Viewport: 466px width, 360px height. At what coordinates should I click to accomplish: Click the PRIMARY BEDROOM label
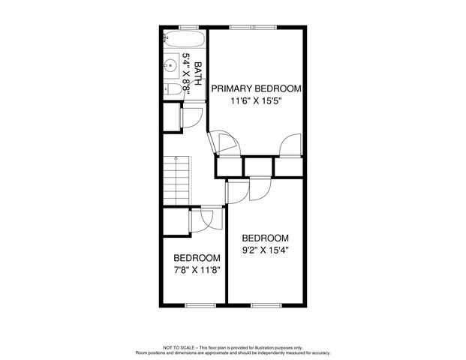coord(256,88)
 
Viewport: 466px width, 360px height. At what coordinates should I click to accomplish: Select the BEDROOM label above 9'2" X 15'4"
coord(266,237)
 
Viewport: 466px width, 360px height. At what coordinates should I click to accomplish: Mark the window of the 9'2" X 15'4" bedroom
coord(266,304)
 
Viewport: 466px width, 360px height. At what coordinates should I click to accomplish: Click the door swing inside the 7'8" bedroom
coord(203,218)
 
